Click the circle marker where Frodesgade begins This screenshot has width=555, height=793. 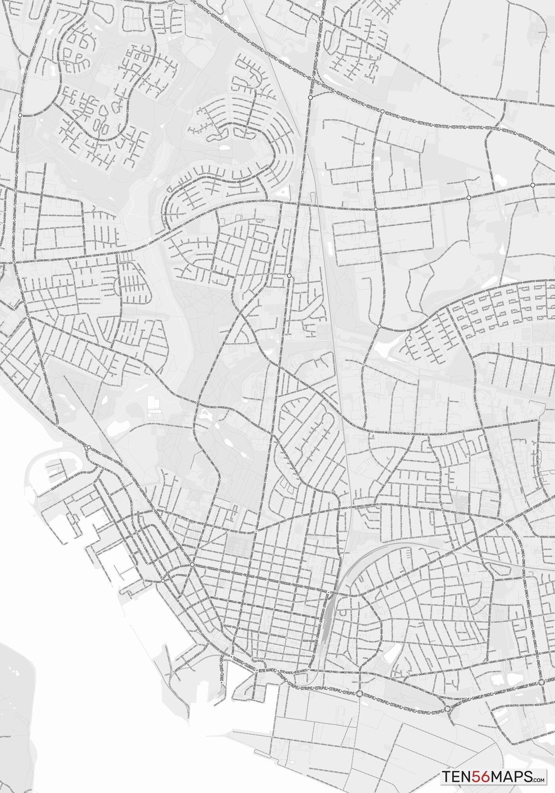[192, 564]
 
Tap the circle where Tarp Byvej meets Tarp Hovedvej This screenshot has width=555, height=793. [321, 19]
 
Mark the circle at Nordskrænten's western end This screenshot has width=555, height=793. [379, 326]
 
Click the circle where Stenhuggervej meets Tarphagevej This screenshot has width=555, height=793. [15, 191]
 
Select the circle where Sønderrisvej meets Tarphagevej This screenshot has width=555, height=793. [19, 115]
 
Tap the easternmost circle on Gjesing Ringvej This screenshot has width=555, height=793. [532, 185]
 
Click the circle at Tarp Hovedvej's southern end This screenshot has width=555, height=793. [310, 97]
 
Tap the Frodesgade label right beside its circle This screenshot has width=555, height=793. [204, 567]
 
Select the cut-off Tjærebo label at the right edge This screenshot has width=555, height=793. [550, 680]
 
